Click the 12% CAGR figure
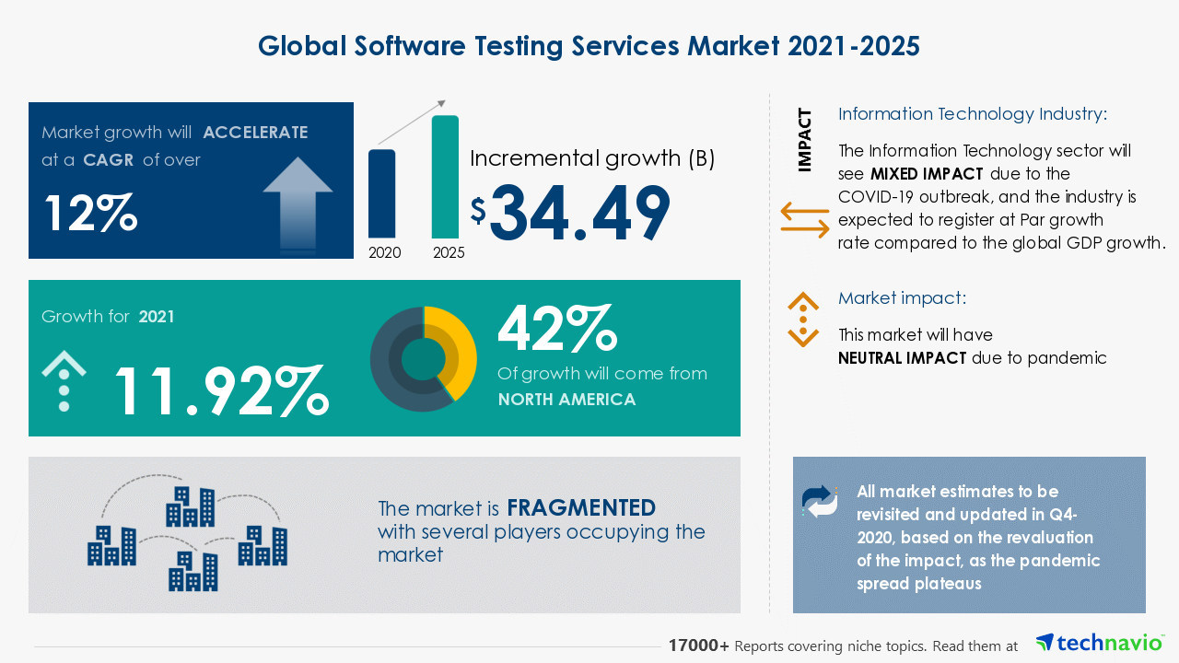(90, 214)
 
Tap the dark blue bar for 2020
(381, 193)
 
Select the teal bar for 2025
(445, 177)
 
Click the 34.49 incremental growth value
(579, 215)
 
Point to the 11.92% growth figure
(220, 390)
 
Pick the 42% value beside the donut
(556, 330)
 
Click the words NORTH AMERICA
(566, 399)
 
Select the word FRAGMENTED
(581, 507)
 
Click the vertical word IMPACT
(805, 140)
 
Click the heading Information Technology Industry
(972, 114)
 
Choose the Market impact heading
(902, 298)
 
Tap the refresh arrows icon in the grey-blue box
(820, 501)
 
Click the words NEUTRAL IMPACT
(902, 358)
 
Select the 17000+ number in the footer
(699, 646)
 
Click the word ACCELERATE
(255, 132)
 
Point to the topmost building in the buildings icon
(191, 506)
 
